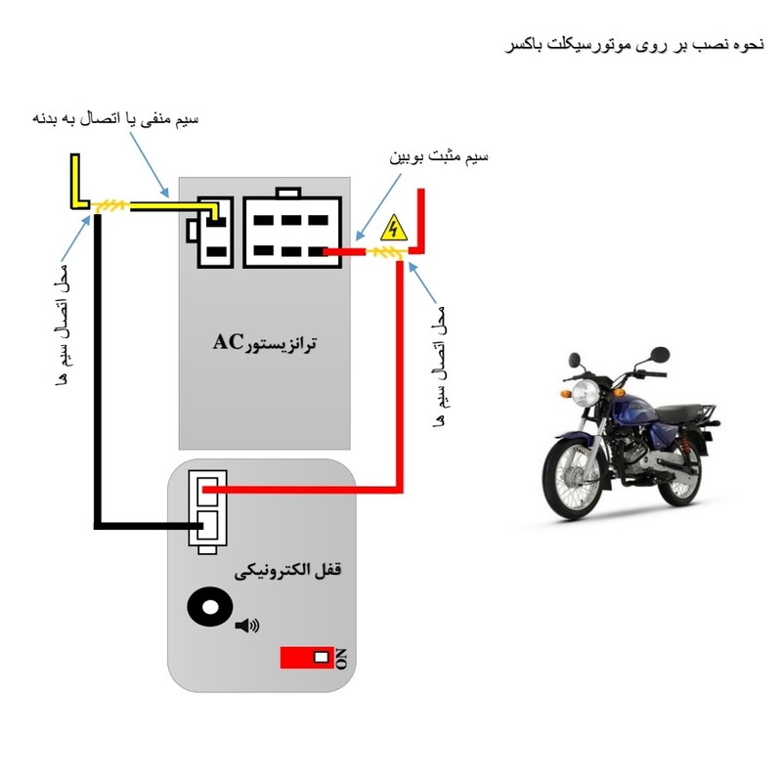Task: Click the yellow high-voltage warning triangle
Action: pyautogui.click(x=393, y=229)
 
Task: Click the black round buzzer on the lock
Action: pyautogui.click(x=208, y=608)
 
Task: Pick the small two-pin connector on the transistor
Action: pyautogui.click(x=212, y=233)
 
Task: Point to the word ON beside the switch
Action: pyautogui.click(x=341, y=658)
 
